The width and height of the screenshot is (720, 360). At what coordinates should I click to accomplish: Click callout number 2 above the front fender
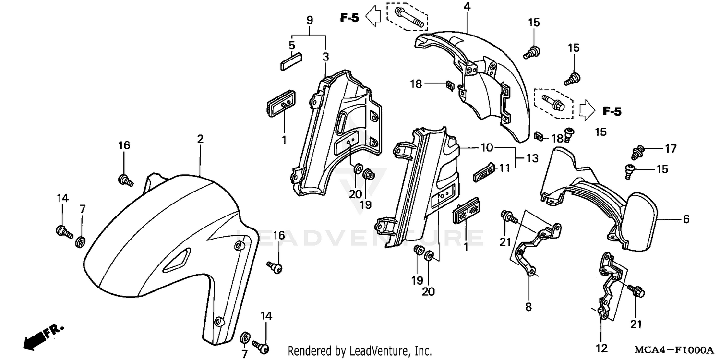(200, 139)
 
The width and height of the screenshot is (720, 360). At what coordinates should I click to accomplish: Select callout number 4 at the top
(467, 7)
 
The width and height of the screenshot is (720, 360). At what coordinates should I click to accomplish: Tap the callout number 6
(686, 220)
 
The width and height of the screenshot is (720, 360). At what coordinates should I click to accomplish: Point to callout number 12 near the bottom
(601, 348)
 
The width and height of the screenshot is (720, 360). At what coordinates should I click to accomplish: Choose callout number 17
(671, 149)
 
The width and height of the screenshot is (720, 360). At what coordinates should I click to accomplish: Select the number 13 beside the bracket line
(532, 158)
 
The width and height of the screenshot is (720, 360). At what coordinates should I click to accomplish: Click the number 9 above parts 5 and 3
(310, 20)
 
